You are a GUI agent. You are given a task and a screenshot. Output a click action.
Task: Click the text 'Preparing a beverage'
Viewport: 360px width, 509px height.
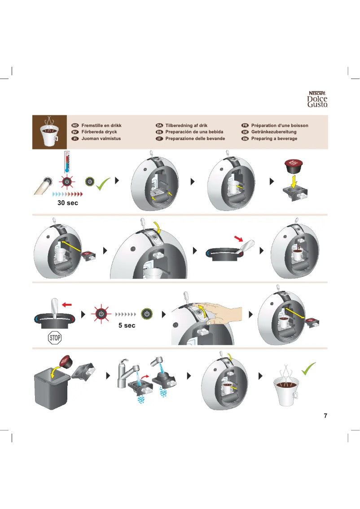click(274, 139)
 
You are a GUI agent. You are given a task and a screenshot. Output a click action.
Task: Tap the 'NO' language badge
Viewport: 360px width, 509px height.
click(75, 125)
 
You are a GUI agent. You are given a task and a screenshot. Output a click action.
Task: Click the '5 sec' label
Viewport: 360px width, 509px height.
click(127, 325)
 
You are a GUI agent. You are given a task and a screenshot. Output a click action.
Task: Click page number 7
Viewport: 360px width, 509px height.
click(325, 416)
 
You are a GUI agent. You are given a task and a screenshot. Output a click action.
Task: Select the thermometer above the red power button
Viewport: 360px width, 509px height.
click(67, 162)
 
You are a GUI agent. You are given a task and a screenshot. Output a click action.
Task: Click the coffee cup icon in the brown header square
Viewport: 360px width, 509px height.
click(50, 133)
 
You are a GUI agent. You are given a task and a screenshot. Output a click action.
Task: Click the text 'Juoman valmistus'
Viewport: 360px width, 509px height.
click(101, 139)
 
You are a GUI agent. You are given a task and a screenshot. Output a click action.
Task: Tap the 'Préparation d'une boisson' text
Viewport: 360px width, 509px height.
click(280, 125)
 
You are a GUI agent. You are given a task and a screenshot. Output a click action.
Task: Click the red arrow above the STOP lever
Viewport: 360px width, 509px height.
click(67, 305)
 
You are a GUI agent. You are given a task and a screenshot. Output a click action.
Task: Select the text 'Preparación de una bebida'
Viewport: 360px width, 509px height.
click(194, 132)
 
